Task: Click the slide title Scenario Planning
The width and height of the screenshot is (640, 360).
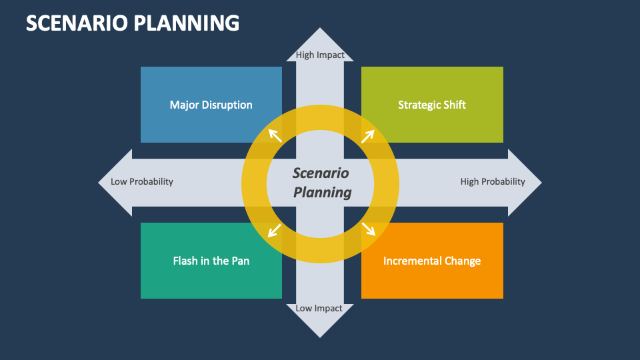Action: coord(132,23)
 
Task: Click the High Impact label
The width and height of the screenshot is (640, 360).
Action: coord(320,55)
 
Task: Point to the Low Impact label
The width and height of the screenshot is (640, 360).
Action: coord(319,308)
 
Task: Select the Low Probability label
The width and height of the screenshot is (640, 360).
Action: coord(142,181)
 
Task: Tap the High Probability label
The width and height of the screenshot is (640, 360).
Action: coord(493,181)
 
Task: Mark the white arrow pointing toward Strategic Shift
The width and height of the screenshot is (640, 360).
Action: coord(367,136)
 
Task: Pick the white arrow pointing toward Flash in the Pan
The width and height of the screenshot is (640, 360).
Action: coord(274,231)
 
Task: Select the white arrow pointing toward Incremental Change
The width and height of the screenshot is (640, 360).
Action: coord(369,229)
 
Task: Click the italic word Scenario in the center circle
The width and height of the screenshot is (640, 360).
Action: coord(321,173)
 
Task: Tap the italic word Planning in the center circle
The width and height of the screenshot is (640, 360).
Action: coord(323,193)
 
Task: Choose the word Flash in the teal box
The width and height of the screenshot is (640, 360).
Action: coord(186,261)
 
